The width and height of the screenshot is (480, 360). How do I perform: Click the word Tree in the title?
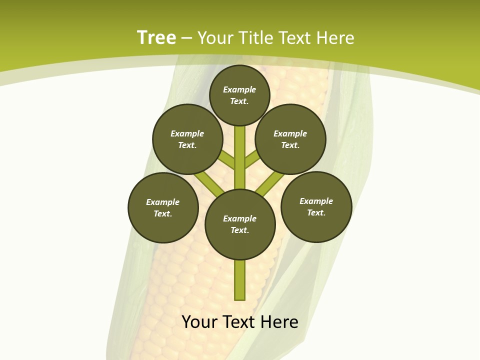(156, 37)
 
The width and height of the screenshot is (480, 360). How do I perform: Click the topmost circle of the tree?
(239, 95)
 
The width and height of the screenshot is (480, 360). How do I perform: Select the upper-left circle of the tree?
(187, 139)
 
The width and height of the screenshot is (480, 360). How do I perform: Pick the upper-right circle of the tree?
(290, 139)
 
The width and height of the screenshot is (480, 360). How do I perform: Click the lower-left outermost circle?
(163, 207)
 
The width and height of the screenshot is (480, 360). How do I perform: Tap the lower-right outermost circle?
(316, 206)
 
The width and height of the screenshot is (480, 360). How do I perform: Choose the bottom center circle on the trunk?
(240, 224)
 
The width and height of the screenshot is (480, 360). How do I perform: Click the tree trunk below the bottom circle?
(240, 280)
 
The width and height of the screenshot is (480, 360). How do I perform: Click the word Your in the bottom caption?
(199, 322)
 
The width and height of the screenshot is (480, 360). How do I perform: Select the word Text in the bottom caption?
(239, 322)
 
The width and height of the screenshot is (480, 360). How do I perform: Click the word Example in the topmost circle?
(239, 89)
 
